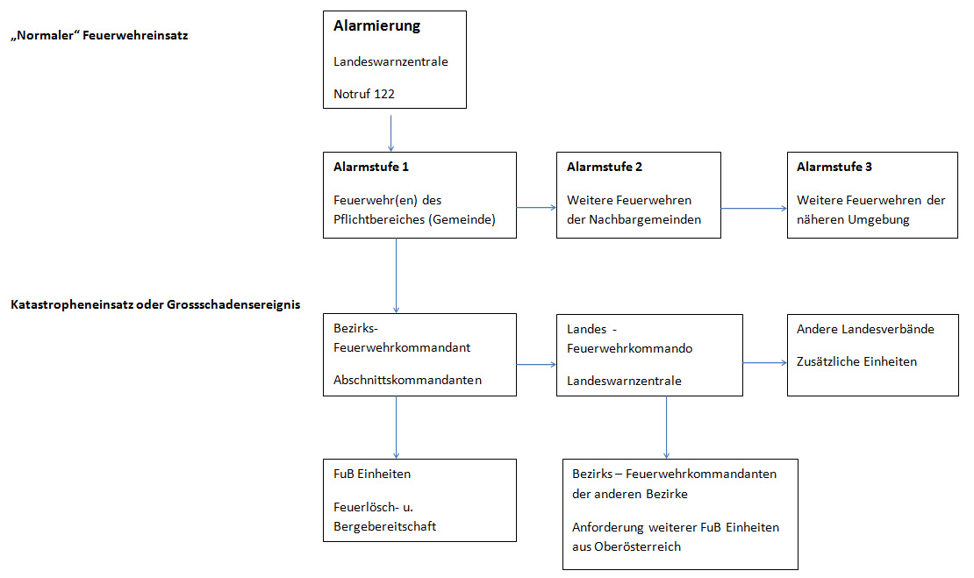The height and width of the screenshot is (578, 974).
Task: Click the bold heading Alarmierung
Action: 376,26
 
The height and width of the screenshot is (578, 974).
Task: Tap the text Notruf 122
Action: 364,94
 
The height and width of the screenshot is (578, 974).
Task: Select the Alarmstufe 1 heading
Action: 371,167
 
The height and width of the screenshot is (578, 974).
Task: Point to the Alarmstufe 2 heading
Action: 605,167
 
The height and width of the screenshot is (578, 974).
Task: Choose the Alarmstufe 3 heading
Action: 834,167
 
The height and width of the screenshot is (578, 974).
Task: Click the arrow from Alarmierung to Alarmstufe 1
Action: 390,132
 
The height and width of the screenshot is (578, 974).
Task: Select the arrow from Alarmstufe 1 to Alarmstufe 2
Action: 536,207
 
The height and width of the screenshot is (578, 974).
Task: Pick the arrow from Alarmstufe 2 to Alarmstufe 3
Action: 754,208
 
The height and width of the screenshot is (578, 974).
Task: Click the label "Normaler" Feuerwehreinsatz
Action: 99,35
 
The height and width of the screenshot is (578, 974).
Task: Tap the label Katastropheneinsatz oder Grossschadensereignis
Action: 155,304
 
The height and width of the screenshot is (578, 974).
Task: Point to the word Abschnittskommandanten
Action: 407,380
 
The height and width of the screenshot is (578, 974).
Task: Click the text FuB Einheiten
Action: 372,474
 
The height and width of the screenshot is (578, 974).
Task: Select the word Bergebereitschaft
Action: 384,526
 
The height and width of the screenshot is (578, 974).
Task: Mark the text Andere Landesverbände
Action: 865,329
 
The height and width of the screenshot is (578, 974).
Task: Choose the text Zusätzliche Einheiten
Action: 856,361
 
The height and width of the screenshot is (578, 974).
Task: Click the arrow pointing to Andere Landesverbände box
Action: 765,362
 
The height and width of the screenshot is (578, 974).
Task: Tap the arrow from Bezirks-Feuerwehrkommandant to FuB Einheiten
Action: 397,428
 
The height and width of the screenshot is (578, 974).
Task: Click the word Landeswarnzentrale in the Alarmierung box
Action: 390,61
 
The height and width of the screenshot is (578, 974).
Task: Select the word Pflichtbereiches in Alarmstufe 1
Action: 380,219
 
